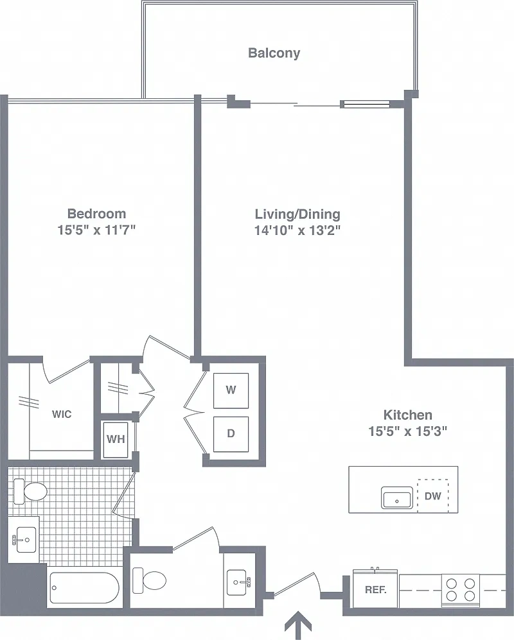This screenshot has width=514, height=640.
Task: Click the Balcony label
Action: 274,53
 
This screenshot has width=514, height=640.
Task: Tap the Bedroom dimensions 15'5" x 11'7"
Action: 96,230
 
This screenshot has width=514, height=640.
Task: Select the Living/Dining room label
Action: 297,214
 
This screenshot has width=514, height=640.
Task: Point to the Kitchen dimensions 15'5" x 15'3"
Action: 408,431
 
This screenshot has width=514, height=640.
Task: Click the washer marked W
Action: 231,390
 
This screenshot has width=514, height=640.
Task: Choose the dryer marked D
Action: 231,434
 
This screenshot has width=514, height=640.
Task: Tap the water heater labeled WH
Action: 116,440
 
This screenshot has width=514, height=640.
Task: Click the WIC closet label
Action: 62,414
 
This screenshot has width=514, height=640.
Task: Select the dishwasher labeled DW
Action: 432,496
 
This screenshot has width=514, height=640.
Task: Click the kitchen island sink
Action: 397,497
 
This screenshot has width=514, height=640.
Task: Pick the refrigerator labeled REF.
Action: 375,589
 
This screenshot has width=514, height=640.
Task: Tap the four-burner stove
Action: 461,589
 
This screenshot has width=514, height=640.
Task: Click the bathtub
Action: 84,588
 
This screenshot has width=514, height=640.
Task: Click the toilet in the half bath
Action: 149,580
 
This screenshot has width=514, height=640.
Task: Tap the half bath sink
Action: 238,582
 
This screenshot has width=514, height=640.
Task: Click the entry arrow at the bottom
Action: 298,625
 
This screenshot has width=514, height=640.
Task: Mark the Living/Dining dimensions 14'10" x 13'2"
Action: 297,230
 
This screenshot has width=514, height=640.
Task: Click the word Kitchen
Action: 408,415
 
